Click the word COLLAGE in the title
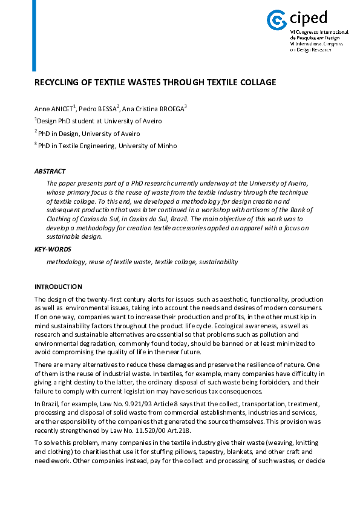pyautogui.click(x=256, y=82)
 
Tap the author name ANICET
pyautogui.click(x=62, y=109)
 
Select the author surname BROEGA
pyautogui.click(x=170, y=109)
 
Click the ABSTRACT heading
pyautogui.click(x=50, y=172)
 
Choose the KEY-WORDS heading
pyautogui.click(x=53, y=249)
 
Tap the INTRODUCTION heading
pyautogui.click(x=58, y=287)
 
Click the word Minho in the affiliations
pyautogui.click(x=165, y=146)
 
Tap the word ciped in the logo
pyautogui.click(x=308, y=16)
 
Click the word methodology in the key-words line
pyautogui.click(x=65, y=262)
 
